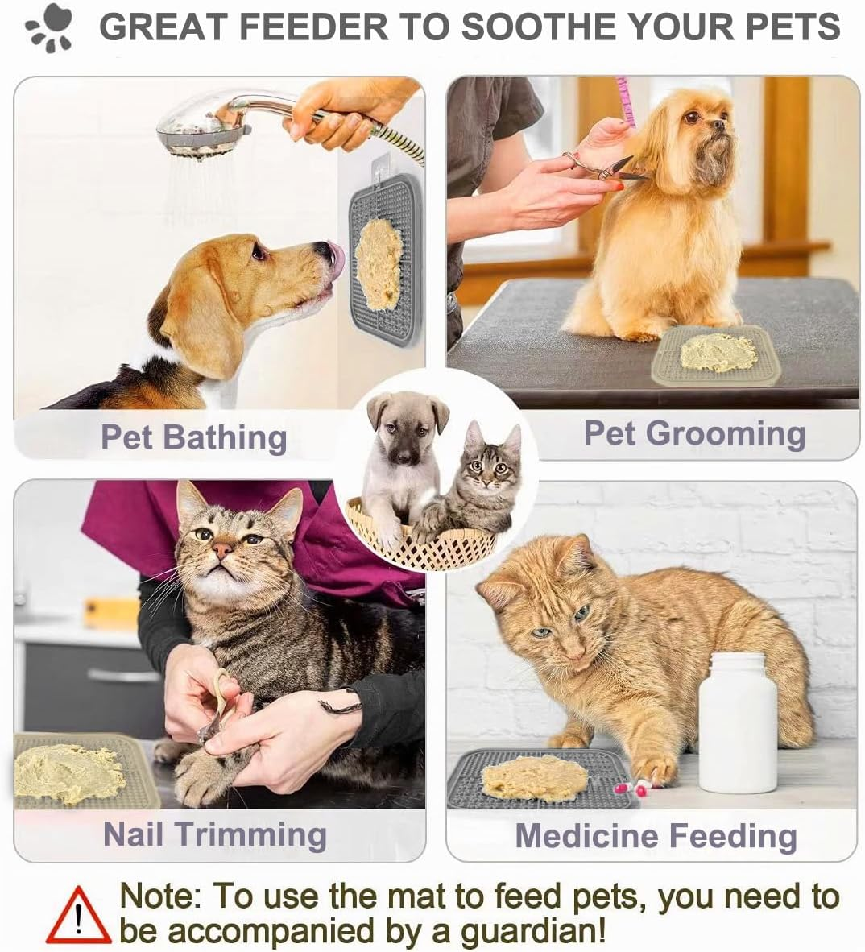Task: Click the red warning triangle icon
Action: [77, 916]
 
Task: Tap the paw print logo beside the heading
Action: [50, 28]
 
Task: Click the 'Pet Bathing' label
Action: [193, 437]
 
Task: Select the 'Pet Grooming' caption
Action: [694, 433]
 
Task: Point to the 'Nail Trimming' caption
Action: [214, 834]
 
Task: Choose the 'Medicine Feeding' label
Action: [656, 835]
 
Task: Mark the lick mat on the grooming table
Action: [717, 354]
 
